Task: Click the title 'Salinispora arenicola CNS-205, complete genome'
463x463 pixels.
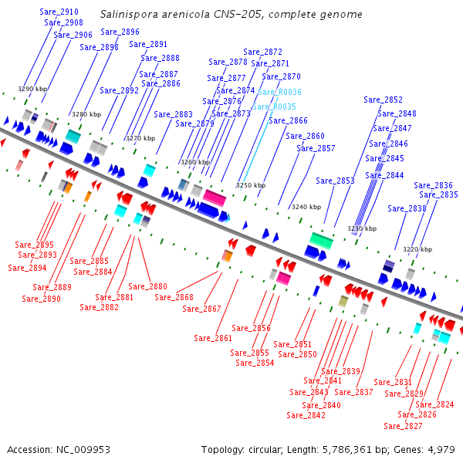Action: point(231,15)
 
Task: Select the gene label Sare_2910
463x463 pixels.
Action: point(59,12)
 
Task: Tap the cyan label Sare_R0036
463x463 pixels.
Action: point(279,93)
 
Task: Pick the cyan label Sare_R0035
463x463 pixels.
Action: point(274,106)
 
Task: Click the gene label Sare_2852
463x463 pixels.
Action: point(383,100)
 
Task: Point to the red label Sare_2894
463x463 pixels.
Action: point(28,269)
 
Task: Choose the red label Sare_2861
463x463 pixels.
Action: point(213,338)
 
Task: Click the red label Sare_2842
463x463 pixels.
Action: point(306,415)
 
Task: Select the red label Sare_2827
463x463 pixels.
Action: point(403,426)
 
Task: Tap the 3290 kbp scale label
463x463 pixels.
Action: point(32,90)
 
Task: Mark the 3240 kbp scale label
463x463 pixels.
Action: point(306,207)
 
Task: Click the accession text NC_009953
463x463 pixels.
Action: point(59,449)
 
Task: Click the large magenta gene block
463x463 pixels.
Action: point(214,198)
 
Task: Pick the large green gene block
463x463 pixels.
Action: point(321,240)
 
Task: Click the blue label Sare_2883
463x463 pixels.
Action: point(173,114)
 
